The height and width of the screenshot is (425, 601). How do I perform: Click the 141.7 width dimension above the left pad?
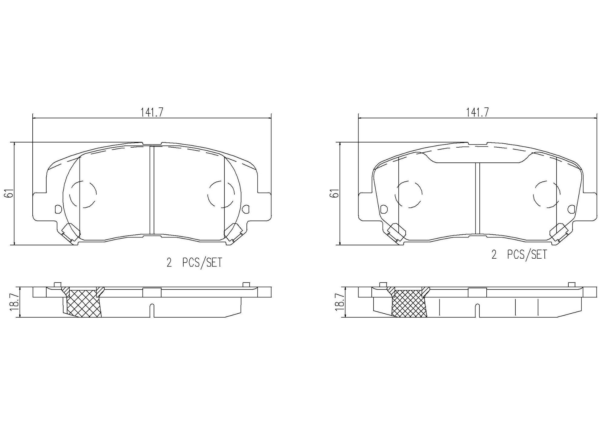click(x=152, y=113)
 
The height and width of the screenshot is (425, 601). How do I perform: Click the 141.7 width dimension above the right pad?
click(x=478, y=113)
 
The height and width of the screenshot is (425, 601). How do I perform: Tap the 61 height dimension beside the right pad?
click(x=335, y=193)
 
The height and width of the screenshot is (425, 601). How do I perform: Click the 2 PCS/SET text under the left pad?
click(x=194, y=263)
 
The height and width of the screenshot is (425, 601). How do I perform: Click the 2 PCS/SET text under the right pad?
click(x=519, y=254)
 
